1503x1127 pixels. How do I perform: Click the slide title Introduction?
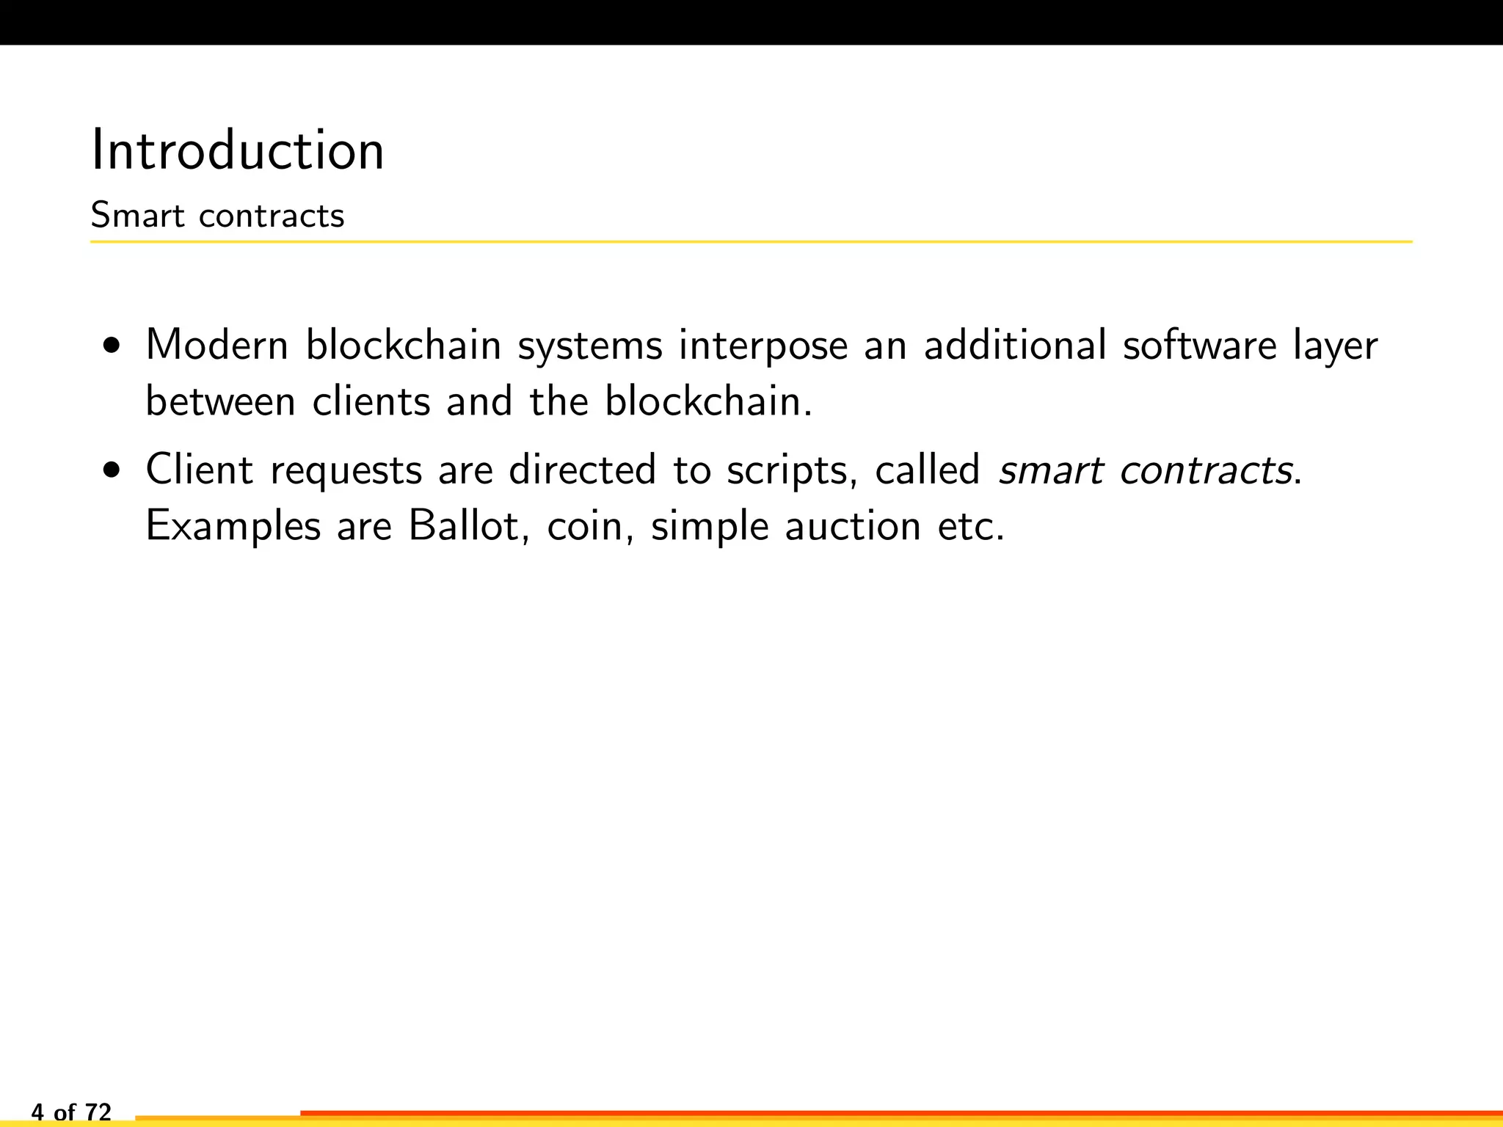pos(237,150)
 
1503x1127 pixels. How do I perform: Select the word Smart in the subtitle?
pos(137,216)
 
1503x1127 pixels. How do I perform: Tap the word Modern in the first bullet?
pos(217,345)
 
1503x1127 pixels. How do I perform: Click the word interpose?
pos(763,346)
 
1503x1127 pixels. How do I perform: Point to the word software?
pos(1200,345)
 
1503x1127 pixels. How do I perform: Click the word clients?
pos(371,401)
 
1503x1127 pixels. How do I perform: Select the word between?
pos(220,401)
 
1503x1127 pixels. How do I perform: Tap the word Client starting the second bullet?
pos(200,470)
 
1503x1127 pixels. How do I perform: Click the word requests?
pos(346,471)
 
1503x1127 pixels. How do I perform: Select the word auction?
pos(853,526)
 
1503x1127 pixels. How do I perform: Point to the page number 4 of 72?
pos(71,1112)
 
